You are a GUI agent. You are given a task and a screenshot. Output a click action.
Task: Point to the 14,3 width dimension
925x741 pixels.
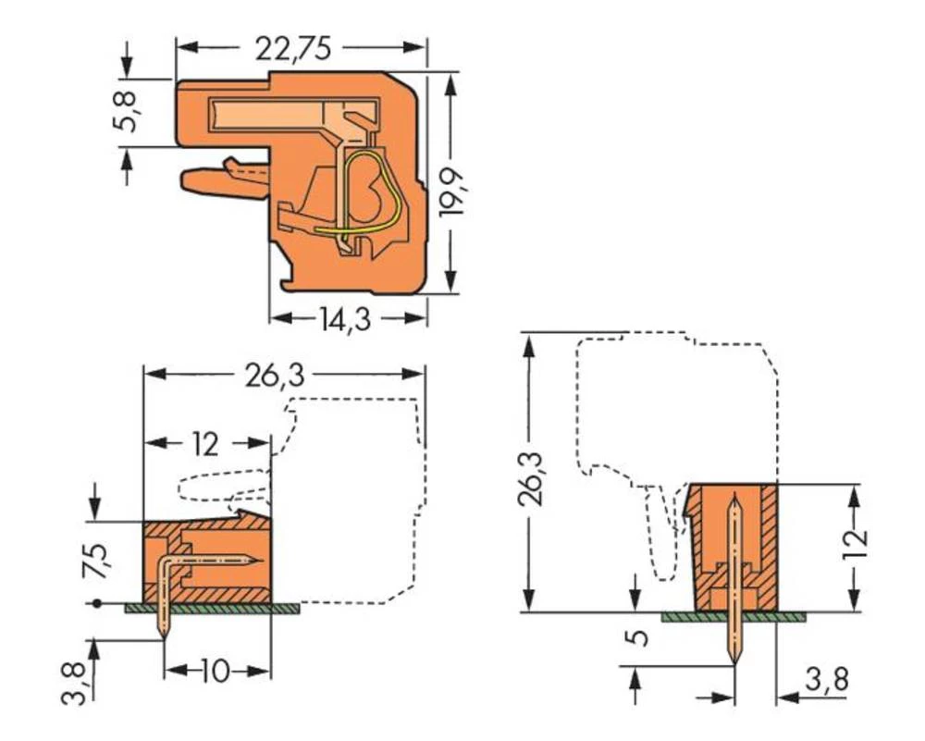[348, 321]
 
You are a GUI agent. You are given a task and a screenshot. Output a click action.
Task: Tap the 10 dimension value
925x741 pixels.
[214, 670]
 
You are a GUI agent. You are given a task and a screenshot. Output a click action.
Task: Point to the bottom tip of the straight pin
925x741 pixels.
[735, 659]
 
